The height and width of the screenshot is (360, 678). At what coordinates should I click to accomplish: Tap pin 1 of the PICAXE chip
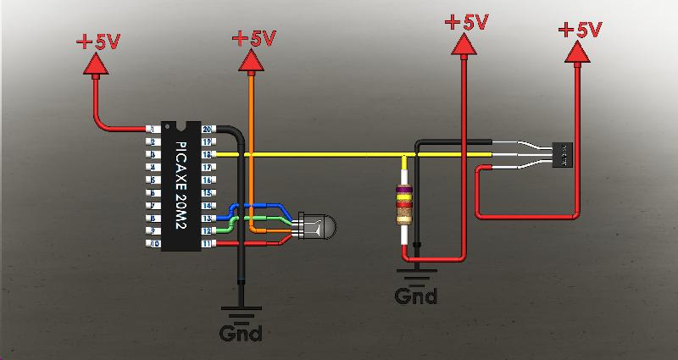click(x=153, y=129)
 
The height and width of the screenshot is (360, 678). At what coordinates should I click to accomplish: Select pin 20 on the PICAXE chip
click(x=206, y=129)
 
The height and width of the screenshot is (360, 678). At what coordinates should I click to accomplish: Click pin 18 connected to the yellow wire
click(x=206, y=155)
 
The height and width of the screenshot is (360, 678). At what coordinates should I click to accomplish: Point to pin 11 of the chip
click(x=206, y=244)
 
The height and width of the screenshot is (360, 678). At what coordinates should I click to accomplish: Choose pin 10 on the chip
click(x=153, y=244)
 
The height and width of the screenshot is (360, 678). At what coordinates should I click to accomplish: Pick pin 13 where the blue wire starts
click(x=206, y=219)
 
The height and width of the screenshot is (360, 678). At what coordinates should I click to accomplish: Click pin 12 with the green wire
click(x=206, y=231)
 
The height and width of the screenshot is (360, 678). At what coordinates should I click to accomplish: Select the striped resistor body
click(x=404, y=205)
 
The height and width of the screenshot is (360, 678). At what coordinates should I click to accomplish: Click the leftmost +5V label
click(x=100, y=41)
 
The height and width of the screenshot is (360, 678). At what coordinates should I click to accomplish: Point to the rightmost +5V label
click(x=580, y=30)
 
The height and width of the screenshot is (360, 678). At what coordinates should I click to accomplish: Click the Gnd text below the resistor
click(x=416, y=296)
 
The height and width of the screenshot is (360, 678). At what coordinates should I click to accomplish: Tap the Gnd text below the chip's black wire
click(x=240, y=333)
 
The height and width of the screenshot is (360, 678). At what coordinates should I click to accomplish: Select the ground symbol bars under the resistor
click(x=416, y=274)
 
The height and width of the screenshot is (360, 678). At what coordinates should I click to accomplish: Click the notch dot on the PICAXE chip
click(x=180, y=129)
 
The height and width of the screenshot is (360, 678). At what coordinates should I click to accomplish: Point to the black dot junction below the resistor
click(x=416, y=246)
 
